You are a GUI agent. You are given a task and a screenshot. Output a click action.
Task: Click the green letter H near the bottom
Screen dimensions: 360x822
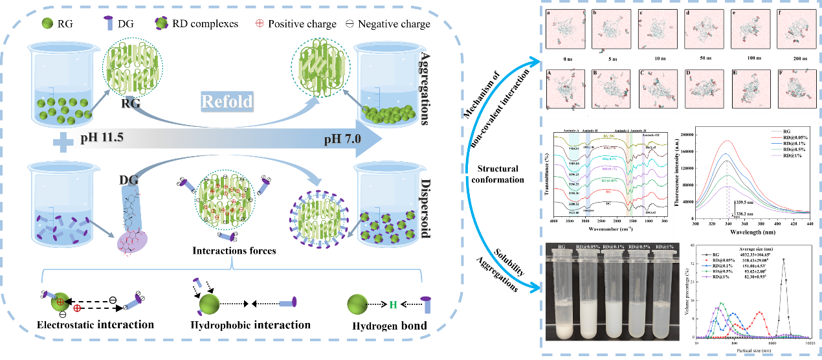[x=392, y=304]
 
